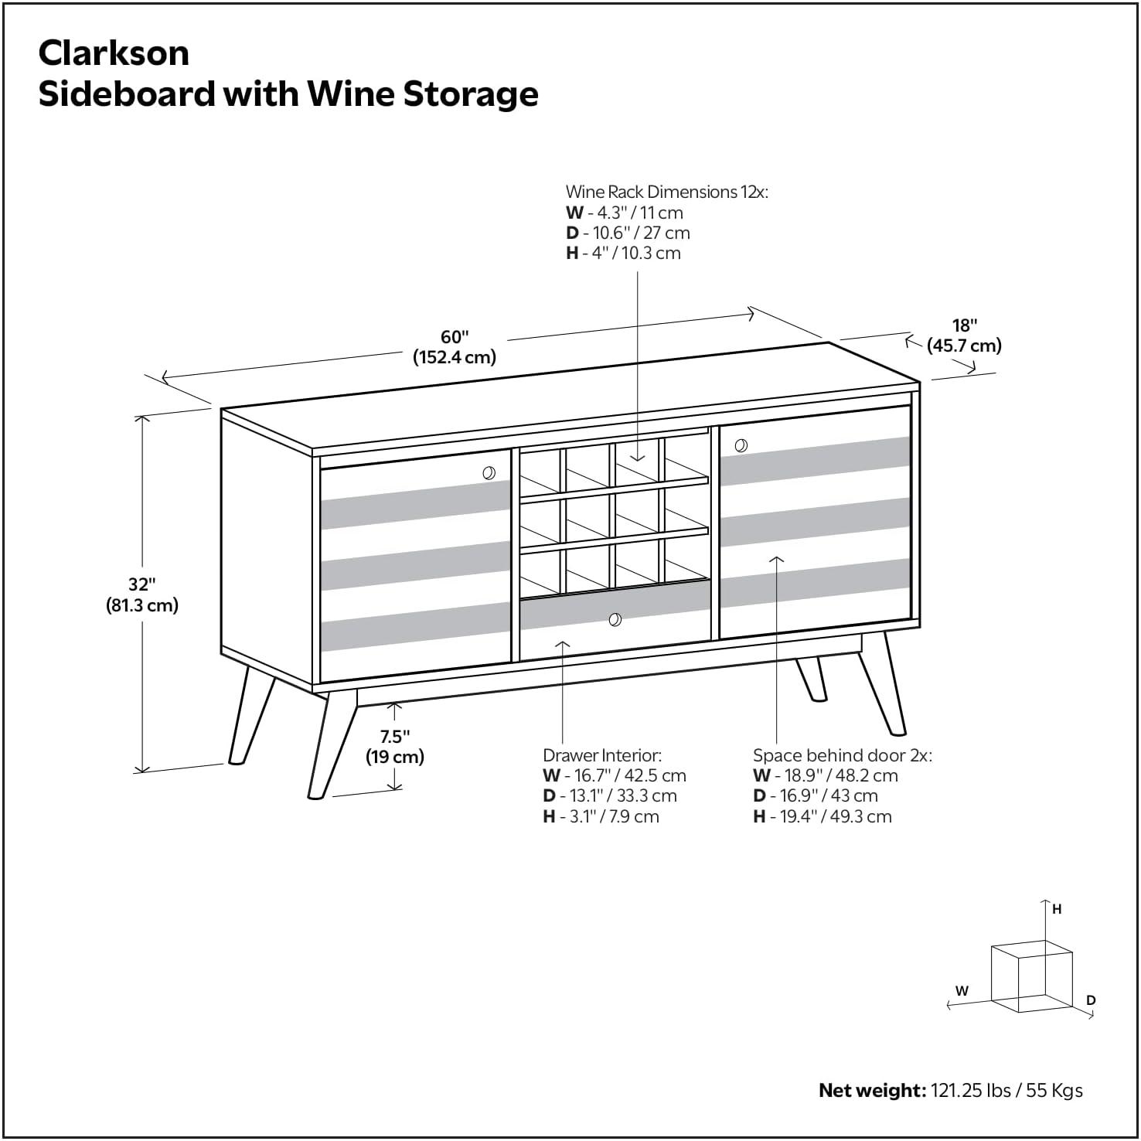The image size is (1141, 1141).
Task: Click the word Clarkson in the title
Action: [114, 53]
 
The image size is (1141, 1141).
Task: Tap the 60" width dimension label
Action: [455, 347]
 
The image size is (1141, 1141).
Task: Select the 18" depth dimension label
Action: [965, 335]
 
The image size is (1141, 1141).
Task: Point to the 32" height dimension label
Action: [142, 594]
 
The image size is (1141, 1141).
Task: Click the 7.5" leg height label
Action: [395, 746]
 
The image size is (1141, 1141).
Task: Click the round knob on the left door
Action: [489, 473]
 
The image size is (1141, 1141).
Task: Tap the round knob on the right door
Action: [741, 445]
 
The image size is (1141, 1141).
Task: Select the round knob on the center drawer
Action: [615, 619]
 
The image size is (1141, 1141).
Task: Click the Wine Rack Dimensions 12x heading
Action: [667, 192]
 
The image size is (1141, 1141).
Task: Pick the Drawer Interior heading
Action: [602, 755]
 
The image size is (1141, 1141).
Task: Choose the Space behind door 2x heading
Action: [843, 755]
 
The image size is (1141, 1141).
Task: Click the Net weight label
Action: [872, 1091]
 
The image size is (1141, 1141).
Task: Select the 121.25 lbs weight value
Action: [971, 1091]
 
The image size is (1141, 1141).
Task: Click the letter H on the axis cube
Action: [1057, 910]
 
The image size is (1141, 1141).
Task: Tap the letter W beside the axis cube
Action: [962, 991]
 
